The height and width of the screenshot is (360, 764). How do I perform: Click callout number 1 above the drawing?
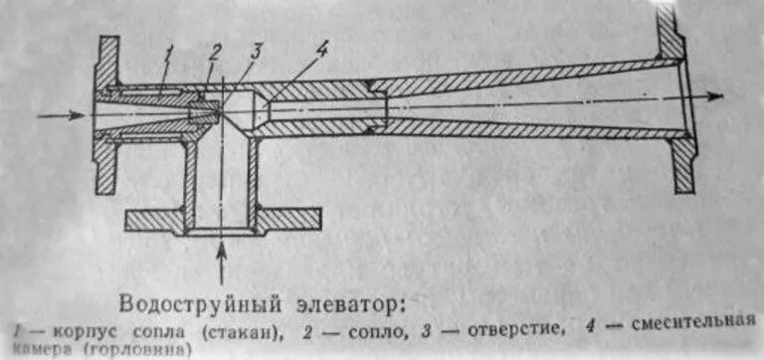(170, 50)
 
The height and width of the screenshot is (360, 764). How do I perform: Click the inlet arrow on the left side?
(60, 114)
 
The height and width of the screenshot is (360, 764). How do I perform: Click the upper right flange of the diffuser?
(670, 36)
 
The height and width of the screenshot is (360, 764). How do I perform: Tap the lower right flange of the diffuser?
(682, 164)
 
